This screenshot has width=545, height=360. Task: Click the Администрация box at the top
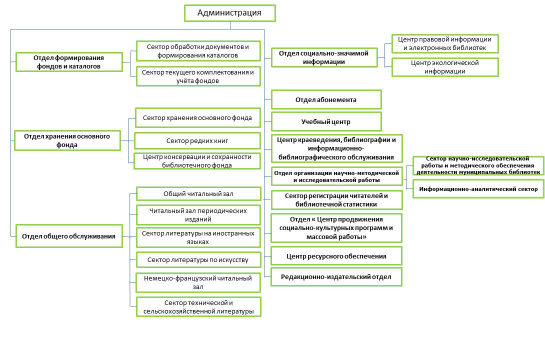(x=229, y=13)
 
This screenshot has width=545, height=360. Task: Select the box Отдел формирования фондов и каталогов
(x=69, y=62)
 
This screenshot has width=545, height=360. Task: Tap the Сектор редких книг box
(x=197, y=140)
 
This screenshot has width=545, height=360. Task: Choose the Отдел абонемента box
(x=326, y=99)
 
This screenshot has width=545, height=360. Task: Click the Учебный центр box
(x=326, y=121)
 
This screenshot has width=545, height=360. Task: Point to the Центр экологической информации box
(x=445, y=67)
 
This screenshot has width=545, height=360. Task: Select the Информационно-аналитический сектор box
(x=478, y=189)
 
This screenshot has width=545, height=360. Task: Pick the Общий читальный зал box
(x=198, y=194)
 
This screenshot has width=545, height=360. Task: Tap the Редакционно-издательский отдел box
(x=336, y=276)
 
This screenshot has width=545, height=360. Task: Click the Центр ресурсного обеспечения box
(x=336, y=256)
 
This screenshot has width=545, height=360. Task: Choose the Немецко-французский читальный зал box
(x=198, y=282)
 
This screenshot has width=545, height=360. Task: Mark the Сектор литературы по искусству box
(x=198, y=259)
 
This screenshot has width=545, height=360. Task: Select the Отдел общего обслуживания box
(x=69, y=236)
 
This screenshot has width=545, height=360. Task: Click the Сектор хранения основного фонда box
(x=197, y=118)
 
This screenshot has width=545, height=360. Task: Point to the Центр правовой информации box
(x=445, y=43)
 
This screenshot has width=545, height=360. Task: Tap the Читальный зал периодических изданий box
(x=198, y=214)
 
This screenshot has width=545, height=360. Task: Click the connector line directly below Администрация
(x=229, y=25)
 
